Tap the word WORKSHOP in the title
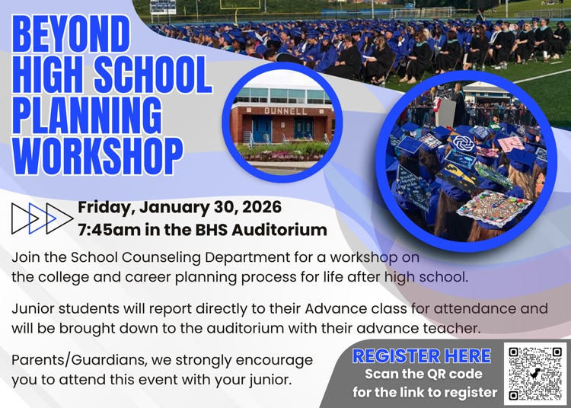(x=97, y=156)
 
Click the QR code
(x=536, y=374)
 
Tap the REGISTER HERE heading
(x=422, y=355)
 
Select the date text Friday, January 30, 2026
(x=180, y=207)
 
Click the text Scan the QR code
(x=423, y=374)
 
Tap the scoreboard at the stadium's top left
(x=163, y=6)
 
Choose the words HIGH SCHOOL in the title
(x=111, y=75)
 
